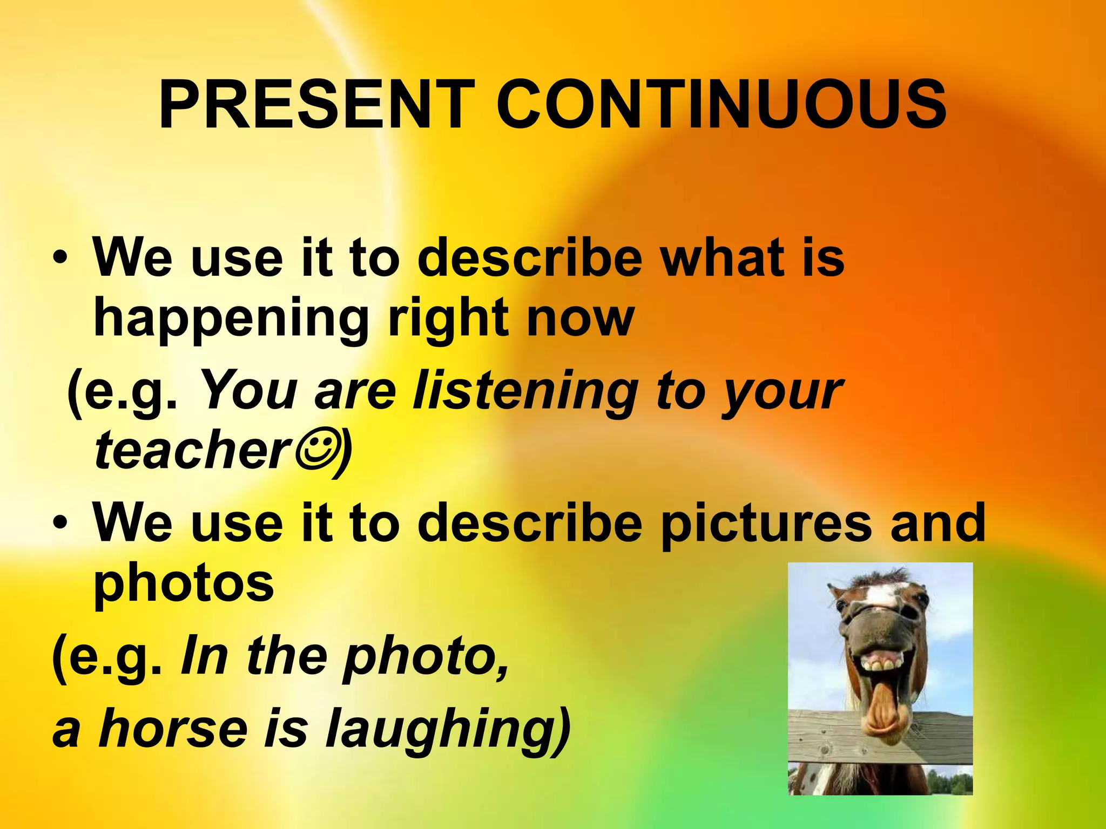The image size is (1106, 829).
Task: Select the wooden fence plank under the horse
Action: coord(826,739)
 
